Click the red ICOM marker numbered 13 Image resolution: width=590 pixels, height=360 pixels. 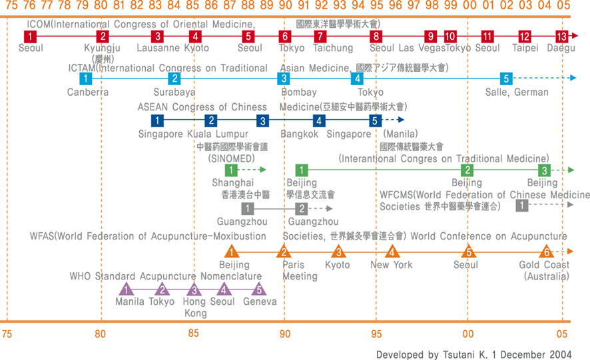pos(561,36)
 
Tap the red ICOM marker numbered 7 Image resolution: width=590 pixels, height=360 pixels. pos(320,36)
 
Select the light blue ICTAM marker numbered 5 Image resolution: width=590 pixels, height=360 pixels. pos(505,78)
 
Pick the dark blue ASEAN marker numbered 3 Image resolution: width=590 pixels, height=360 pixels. pos(263,120)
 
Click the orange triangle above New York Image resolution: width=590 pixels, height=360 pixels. pos(392,252)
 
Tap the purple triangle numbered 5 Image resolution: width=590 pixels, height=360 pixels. pos(259,289)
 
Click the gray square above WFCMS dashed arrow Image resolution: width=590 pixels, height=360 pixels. pos(522,206)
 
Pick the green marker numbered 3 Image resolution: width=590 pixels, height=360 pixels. pos(544,170)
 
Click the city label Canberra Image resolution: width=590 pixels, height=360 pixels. pos(87,92)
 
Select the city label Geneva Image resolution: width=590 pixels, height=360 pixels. pos(260,301)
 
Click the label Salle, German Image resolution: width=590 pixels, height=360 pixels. pos(516,92)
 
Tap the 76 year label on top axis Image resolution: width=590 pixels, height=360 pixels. pos(30,7)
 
